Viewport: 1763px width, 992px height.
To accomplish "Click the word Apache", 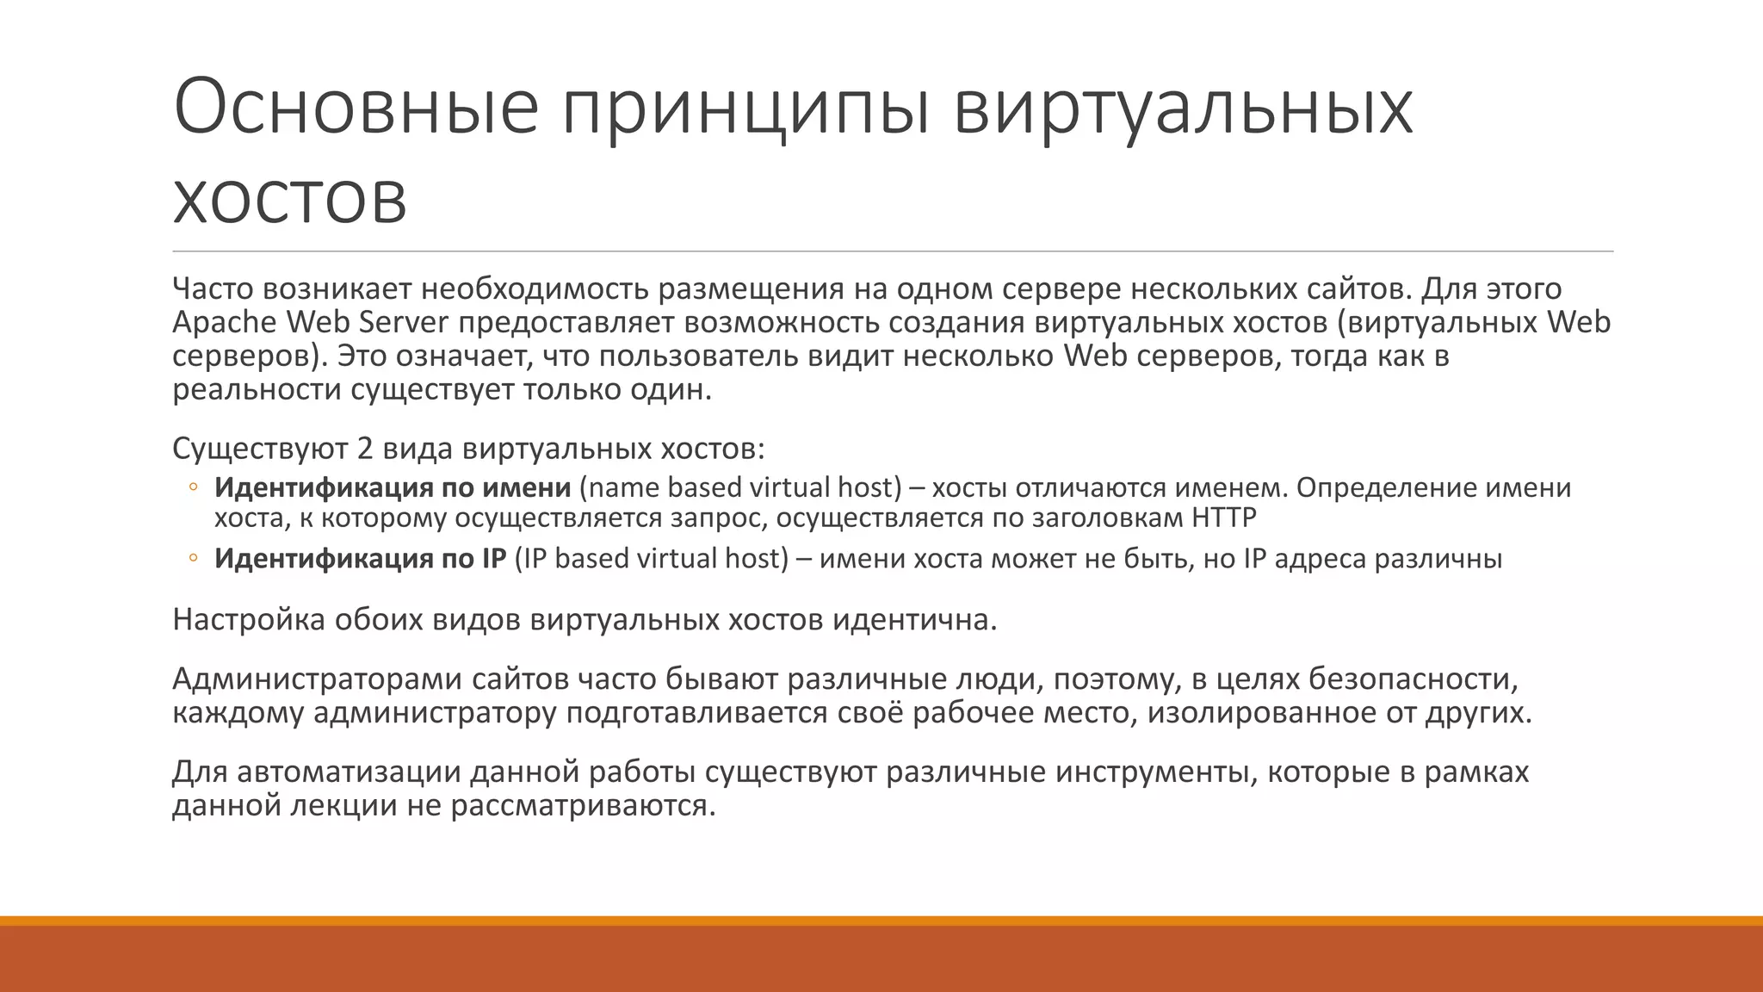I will point(225,322).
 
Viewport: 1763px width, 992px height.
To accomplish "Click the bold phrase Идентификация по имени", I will point(393,487).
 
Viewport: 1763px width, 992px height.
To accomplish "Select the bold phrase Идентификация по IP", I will point(360,558).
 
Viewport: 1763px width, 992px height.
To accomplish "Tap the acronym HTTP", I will point(1224,518).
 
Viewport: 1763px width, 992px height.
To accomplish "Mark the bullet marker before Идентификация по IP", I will point(193,558).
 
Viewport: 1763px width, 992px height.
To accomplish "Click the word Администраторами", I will point(316,679).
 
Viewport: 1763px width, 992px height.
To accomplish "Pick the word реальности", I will point(257,390).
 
